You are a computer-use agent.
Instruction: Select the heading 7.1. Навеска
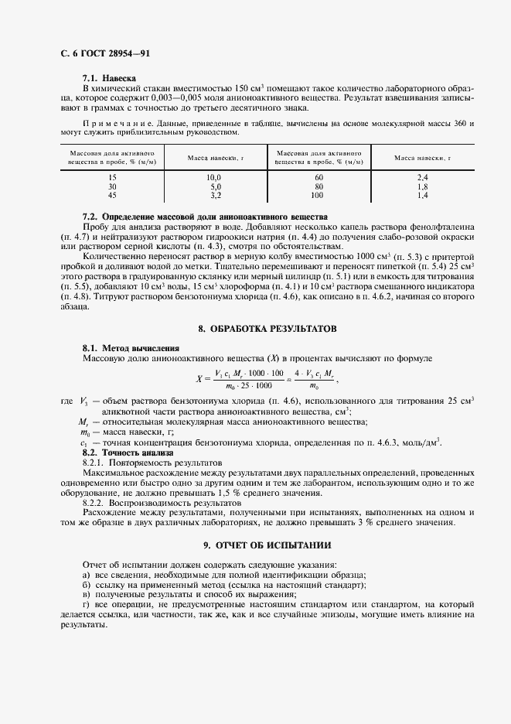[x=109, y=78]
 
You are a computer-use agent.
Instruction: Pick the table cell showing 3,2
[x=215, y=196]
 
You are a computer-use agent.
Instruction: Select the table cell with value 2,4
[x=422, y=178]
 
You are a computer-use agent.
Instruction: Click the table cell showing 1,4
[x=422, y=196]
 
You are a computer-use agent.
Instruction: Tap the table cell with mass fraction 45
[x=112, y=196]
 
